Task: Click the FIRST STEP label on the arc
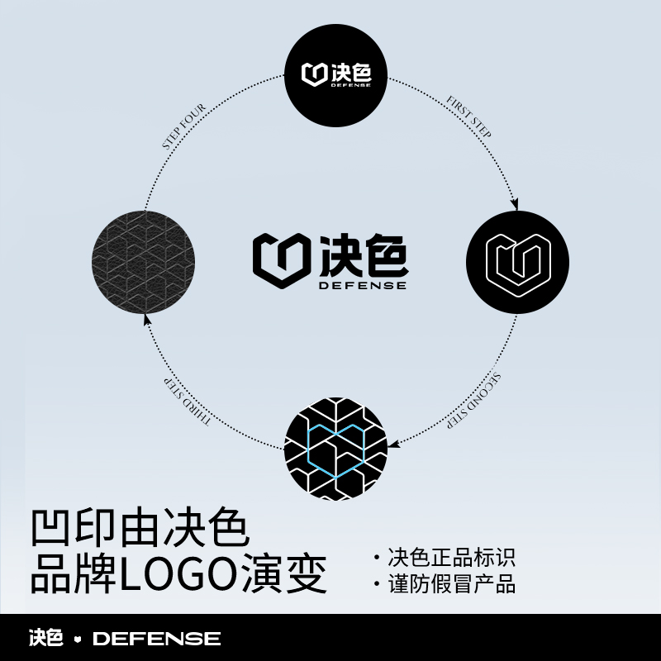click(x=468, y=117)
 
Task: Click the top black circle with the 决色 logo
click(x=335, y=74)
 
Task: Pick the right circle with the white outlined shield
click(x=517, y=262)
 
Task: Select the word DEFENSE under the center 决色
click(x=364, y=286)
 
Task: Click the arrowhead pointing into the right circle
click(x=516, y=204)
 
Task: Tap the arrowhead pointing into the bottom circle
click(x=394, y=444)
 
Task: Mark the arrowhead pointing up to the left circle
click(x=146, y=319)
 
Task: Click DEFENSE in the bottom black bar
click(x=156, y=639)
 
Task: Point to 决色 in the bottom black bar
click(x=46, y=639)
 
